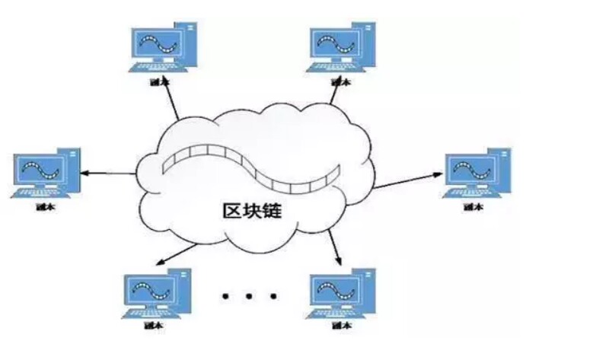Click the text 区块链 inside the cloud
click(250, 210)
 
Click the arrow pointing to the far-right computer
click(407, 180)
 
